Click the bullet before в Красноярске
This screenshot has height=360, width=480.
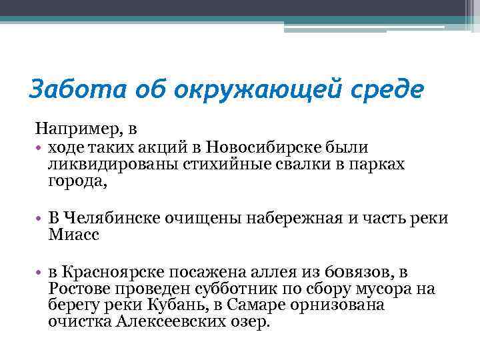pos(40,271)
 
